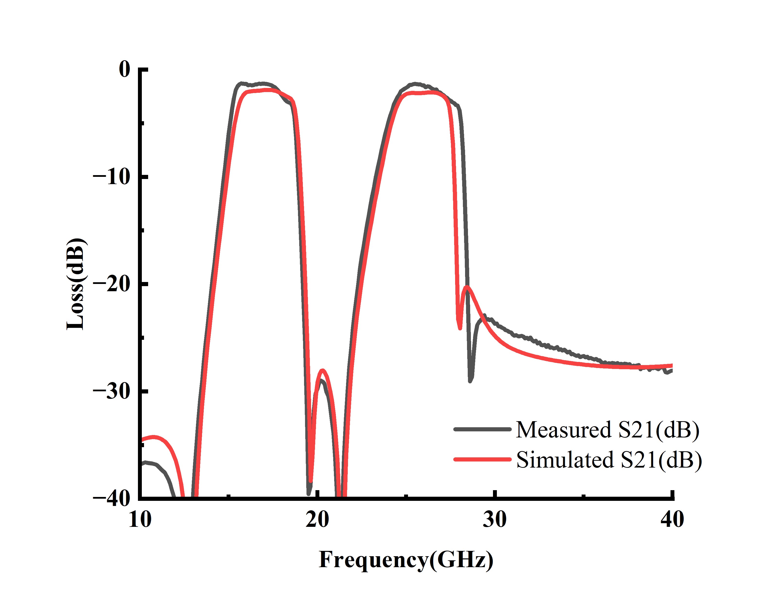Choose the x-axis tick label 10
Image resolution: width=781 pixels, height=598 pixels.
(x=140, y=520)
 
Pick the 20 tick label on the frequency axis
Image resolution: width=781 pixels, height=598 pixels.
(x=317, y=520)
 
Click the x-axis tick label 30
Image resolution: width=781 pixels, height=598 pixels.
(x=495, y=520)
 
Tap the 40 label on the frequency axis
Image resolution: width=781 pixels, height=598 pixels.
(x=672, y=520)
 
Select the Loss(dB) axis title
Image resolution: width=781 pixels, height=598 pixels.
(x=76, y=284)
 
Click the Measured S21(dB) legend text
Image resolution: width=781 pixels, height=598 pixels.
(x=607, y=430)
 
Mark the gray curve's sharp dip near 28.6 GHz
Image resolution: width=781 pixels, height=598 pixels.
(x=470, y=381)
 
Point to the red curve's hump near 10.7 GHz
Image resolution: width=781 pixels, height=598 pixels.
(x=154, y=437)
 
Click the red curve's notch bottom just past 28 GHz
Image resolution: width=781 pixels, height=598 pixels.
(x=460, y=328)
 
